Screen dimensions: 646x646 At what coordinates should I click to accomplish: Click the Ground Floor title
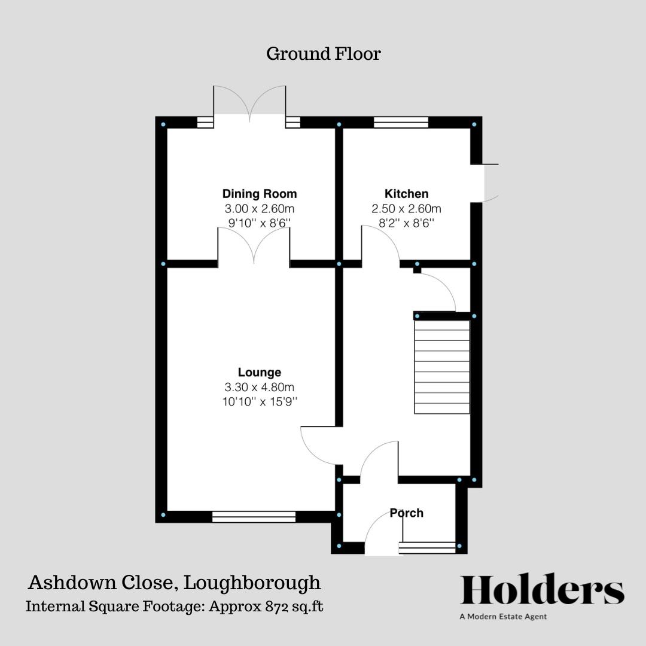tap(323, 54)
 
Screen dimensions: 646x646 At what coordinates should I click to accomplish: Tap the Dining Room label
tap(259, 194)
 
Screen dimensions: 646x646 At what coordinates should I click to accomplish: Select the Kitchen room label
tap(406, 194)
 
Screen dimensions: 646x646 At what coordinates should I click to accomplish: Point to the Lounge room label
tap(259, 373)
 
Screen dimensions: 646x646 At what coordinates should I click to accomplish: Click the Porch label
tap(406, 513)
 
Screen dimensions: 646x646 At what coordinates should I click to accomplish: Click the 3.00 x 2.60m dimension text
tap(259, 209)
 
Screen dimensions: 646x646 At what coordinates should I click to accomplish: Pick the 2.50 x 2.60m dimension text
tap(406, 209)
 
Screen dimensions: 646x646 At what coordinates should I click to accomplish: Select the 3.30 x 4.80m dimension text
tap(259, 387)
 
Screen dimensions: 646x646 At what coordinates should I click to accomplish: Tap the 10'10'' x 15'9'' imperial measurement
tap(259, 401)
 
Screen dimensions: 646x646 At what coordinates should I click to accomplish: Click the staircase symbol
tap(442, 367)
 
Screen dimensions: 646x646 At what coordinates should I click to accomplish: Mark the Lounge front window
tap(254, 516)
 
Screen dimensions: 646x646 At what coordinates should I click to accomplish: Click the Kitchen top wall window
tap(401, 123)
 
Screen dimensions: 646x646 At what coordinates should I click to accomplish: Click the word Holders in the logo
tap(542, 591)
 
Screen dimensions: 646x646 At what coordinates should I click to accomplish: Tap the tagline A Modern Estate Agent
tap(503, 617)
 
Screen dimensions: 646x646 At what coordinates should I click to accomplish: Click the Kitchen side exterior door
tap(486, 182)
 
